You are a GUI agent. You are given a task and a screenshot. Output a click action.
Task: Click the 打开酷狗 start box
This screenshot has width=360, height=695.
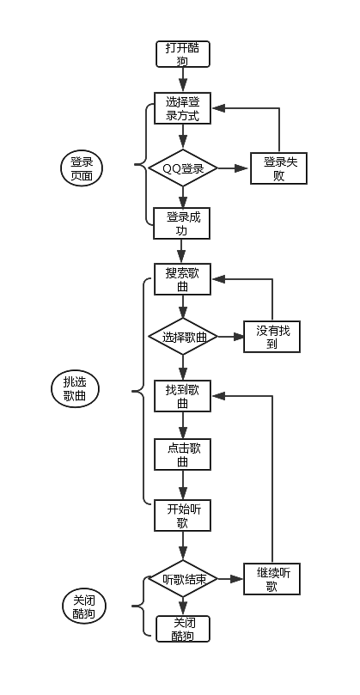click(182, 54)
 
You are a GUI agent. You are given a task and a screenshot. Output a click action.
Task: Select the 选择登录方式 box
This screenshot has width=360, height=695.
click(182, 109)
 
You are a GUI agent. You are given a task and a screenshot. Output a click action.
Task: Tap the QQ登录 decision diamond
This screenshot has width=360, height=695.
click(182, 168)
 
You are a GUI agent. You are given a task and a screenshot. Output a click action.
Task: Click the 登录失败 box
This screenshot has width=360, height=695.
click(278, 168)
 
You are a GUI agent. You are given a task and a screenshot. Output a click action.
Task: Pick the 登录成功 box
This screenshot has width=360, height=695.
click(182, 223)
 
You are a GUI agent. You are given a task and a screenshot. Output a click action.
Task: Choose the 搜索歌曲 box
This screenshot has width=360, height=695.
click(182, 279)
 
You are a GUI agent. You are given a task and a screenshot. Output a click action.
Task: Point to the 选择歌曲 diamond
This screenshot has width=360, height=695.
click(182, 338)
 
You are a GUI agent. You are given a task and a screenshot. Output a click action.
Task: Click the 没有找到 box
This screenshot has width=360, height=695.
click(272, 337)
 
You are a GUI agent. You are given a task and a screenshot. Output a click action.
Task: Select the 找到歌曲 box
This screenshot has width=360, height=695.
click(182, 396)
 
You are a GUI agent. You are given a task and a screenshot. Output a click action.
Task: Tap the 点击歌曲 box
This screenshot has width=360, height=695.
click(182, 454)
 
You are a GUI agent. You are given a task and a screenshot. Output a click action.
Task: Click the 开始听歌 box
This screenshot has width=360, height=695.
click(182, 515)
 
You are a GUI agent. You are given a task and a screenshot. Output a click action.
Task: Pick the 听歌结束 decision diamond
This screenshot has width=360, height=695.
click(182, 580)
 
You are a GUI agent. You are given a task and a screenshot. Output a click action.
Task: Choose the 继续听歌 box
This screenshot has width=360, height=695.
click(272, 580)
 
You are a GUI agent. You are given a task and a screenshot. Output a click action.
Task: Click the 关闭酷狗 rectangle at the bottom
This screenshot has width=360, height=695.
click(182, 629)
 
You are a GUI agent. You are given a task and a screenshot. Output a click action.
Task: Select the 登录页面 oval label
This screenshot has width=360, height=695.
click(82, 168)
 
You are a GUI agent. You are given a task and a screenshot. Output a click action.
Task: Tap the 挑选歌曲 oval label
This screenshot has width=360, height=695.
click(76, 389)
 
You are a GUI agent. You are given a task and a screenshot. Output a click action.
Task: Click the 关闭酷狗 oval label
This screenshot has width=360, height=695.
click(84, 607)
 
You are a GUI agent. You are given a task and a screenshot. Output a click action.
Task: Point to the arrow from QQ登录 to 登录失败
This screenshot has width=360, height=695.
click(232, 168)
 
